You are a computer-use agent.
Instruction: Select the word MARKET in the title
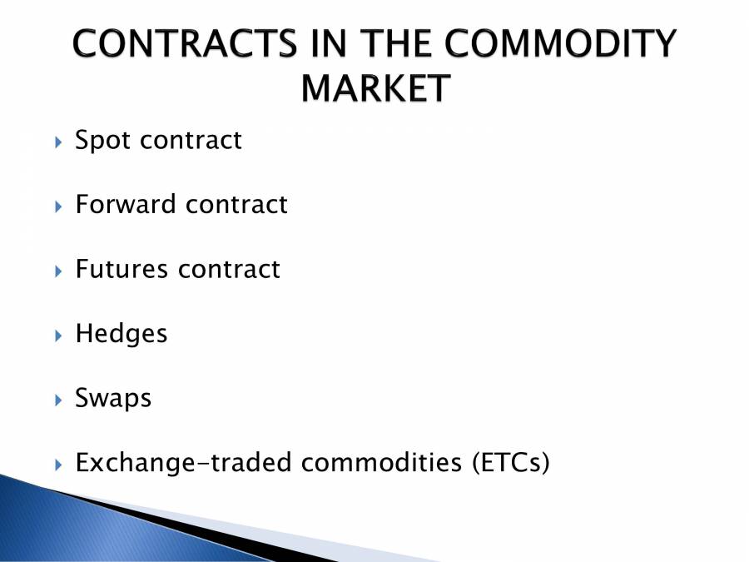[374, 89]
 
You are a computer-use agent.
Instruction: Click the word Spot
[104, 141]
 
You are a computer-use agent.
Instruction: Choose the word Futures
[122, 269]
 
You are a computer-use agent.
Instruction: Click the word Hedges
[122, 335]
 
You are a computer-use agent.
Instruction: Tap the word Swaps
[113, 399]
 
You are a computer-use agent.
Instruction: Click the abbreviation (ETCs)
[506, 463]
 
